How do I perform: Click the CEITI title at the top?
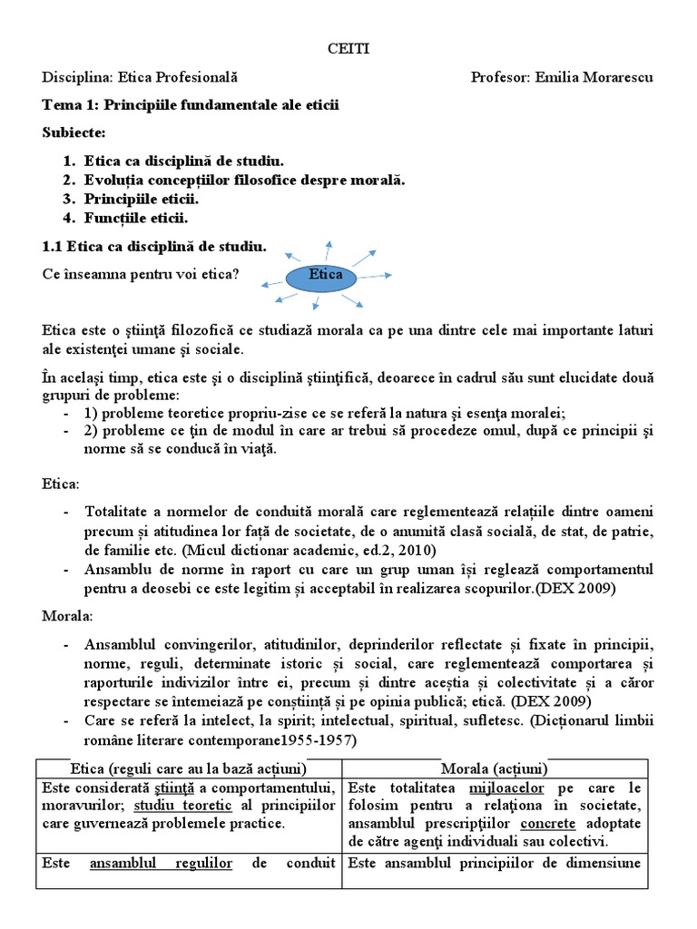coord(348,51)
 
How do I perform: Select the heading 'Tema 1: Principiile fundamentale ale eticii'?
coord(191,105)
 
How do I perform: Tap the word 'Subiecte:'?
coord(74,132)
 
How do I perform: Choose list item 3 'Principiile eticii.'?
coord(142,199)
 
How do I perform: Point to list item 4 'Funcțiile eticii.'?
coord(136,219)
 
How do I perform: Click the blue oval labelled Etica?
coord(324,275)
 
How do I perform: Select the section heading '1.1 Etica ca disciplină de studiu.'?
coord(154,246)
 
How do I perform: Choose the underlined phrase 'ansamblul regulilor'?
coord(162,863)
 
